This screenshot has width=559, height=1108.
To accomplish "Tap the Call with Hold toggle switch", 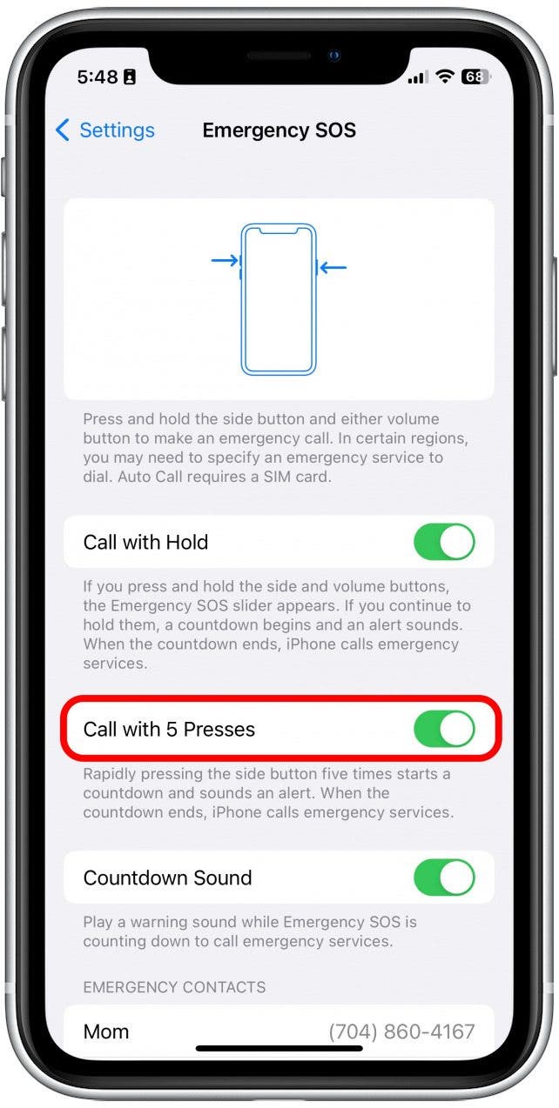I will [444, 542].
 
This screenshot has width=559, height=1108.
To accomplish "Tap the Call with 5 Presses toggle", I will [444, 729].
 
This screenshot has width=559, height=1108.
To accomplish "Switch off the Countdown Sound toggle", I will [444, 877].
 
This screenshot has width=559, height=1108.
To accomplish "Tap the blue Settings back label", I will [117, 130].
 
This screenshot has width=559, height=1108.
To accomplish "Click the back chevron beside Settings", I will [63, 130].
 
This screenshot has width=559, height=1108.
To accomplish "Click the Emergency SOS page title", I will [279, 130].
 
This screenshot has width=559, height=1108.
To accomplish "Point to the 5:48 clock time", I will [98, 77].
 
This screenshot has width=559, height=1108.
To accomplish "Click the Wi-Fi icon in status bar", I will [445, 77].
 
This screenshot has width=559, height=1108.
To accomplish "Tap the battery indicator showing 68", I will [475, 77].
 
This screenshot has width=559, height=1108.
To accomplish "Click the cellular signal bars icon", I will [418, 77].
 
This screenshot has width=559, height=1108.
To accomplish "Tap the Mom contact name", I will [106, 1031].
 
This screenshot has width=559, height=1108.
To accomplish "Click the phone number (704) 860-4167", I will [401, 1031].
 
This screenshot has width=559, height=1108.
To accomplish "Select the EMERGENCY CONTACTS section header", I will [174, 987].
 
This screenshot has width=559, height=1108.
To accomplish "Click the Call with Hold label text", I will [145, 542].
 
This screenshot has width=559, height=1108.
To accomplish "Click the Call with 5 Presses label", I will [169, 729].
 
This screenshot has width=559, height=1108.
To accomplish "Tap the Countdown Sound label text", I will [167, 877].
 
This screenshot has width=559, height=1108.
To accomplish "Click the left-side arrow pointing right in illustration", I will [225, 260].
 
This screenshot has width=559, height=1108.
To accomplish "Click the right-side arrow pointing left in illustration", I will [333, 267].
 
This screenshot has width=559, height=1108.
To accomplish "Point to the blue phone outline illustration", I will [279, 299].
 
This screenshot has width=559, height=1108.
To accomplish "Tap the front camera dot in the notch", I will [333, 56].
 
